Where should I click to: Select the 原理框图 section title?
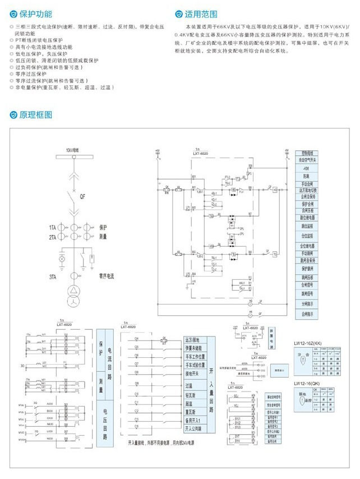pos(36,115)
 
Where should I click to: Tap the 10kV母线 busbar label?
pos(72,150)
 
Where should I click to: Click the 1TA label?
pos(52,228)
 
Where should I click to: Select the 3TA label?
pos(52,277)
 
